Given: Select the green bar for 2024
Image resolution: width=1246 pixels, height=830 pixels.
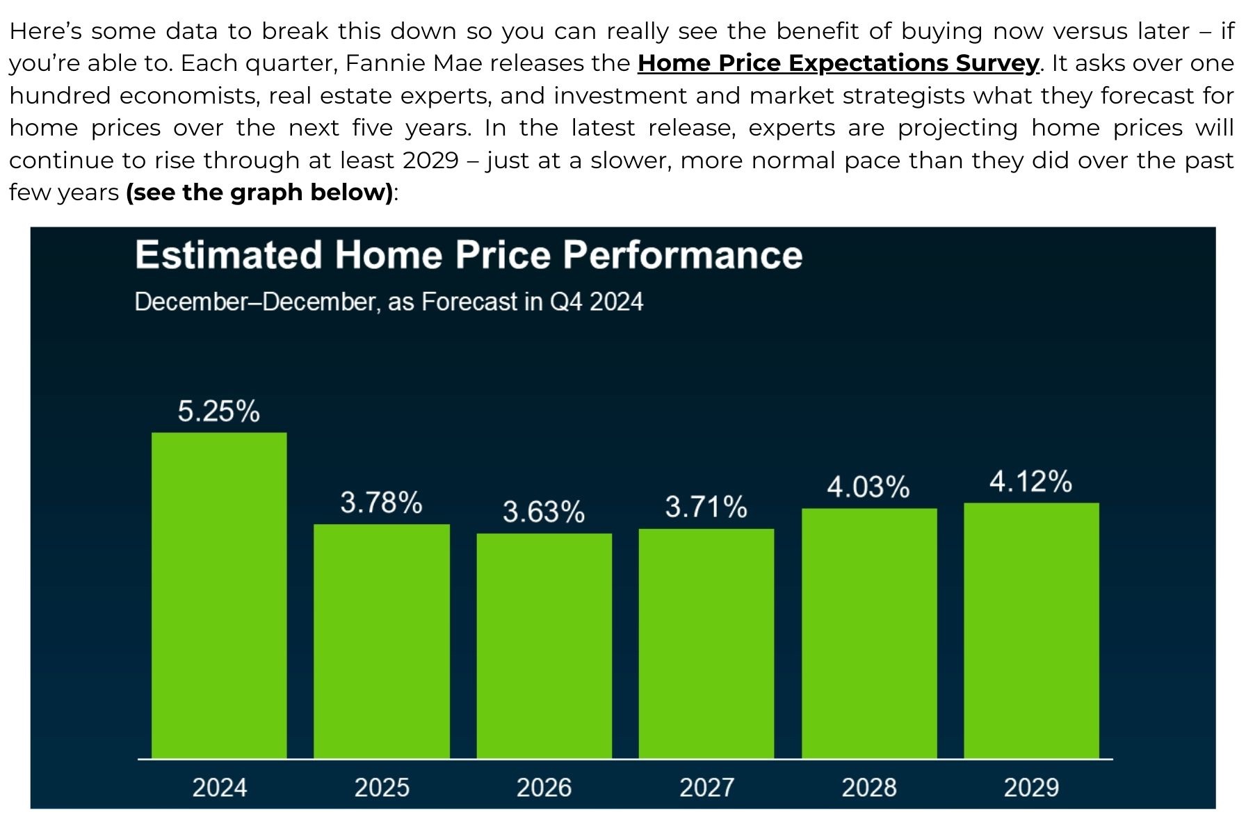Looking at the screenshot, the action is [219, 595].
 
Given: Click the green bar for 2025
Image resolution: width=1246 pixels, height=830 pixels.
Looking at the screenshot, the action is [382, 641].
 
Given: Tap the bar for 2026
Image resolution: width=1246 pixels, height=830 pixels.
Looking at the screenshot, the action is [544, 646].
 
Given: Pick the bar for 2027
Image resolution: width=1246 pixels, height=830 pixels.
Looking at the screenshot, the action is [706, 644].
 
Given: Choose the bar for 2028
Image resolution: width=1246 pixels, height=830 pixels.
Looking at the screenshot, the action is [869, 633].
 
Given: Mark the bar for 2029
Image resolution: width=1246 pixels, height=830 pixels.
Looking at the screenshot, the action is [1032, 630].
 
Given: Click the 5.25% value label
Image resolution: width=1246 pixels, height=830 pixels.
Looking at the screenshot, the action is [219, 411].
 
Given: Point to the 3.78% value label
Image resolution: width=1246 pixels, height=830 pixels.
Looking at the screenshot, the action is [381, 502].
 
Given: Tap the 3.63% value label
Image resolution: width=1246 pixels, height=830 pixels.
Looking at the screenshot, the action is [544, 512].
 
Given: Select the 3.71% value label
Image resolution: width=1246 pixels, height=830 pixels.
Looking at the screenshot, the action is [706, 507].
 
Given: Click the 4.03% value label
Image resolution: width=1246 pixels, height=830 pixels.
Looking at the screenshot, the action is [868, 487].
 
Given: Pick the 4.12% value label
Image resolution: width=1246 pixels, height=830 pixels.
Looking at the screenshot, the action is [1031, 481].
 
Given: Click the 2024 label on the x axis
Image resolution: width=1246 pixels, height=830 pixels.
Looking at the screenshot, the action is [220, 788].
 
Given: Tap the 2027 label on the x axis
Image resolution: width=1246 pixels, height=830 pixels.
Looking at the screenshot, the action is [707, 788].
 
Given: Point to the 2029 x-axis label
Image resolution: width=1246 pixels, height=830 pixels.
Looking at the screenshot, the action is [1032, 788].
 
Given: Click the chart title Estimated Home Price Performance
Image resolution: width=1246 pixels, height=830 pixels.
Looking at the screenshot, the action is [469, 254].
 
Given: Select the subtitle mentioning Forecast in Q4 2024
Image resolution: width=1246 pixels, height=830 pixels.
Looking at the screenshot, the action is [389, 302].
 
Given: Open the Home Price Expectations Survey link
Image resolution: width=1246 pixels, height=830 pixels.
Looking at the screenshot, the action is [839, 63].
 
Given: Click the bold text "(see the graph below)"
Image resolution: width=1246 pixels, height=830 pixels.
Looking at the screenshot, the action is [259, 193].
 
